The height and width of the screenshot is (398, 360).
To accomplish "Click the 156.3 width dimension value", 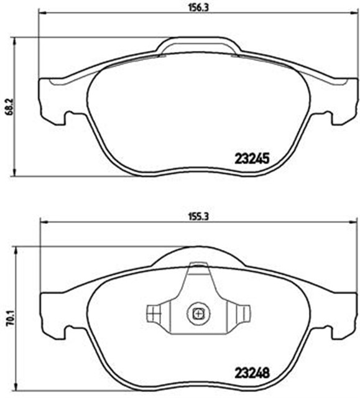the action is click(x=198, y=7).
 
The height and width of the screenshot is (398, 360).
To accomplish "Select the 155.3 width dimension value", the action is click(x=198, y=217).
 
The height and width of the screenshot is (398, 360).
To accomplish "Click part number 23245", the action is click(x=252, y=159).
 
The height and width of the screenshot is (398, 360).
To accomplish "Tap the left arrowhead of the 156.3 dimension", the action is click(x=44, y=12).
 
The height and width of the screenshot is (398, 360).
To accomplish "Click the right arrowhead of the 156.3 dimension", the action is click(x=353, y=12).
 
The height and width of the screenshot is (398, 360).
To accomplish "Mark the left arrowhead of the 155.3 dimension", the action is click(x=44, y=222).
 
